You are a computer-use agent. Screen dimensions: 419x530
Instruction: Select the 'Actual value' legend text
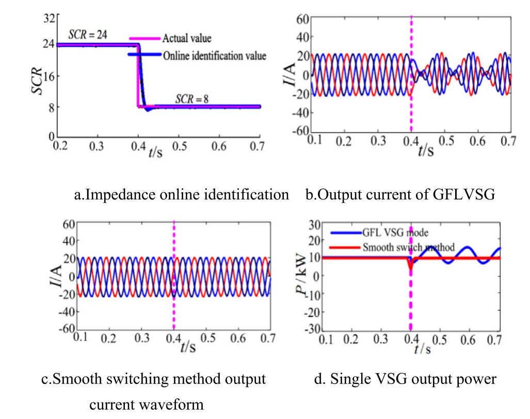pos(187,38)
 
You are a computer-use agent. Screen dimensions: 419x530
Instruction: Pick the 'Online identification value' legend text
pos(214,56)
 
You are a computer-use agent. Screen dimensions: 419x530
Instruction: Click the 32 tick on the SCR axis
pos(49,19)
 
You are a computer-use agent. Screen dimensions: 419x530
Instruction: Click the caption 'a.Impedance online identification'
pos(182,194)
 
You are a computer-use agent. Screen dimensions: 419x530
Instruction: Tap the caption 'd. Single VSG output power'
pos(406,380)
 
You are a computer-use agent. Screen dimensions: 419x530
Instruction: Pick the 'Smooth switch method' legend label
pos(408,247)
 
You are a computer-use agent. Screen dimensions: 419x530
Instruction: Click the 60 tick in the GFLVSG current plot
pos(303,20)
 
